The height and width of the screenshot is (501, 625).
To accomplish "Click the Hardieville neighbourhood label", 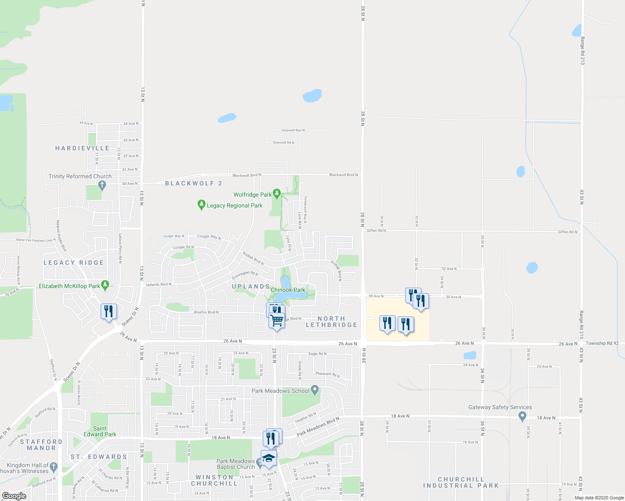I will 82,148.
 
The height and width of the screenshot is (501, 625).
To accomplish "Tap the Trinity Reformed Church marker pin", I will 102,186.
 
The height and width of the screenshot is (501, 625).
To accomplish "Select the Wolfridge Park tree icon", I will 276,194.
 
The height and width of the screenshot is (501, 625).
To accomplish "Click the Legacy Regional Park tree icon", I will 201,205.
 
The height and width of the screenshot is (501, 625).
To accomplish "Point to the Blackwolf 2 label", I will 193,183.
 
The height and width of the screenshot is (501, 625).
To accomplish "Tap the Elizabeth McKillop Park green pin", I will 105,286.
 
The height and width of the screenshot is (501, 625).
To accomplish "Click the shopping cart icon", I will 277,321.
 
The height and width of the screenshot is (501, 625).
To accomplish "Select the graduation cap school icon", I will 269,458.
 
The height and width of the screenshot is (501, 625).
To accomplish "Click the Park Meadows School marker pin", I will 315,390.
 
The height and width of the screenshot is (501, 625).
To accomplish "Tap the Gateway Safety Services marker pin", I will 522,416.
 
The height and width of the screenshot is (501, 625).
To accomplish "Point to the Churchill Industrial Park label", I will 461,482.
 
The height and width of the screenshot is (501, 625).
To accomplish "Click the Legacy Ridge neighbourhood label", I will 74,263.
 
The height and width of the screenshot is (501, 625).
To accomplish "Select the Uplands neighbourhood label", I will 251,286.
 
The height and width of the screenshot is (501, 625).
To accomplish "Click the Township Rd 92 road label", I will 602,343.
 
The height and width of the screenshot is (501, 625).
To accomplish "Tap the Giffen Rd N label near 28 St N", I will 376,230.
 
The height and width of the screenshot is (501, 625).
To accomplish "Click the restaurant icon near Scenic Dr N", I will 109,311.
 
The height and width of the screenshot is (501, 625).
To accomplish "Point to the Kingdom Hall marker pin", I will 54,467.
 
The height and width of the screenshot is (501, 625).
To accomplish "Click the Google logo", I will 14,496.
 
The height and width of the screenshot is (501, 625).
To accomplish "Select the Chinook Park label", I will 288,290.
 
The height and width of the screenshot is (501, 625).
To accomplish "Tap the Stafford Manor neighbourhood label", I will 41,445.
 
